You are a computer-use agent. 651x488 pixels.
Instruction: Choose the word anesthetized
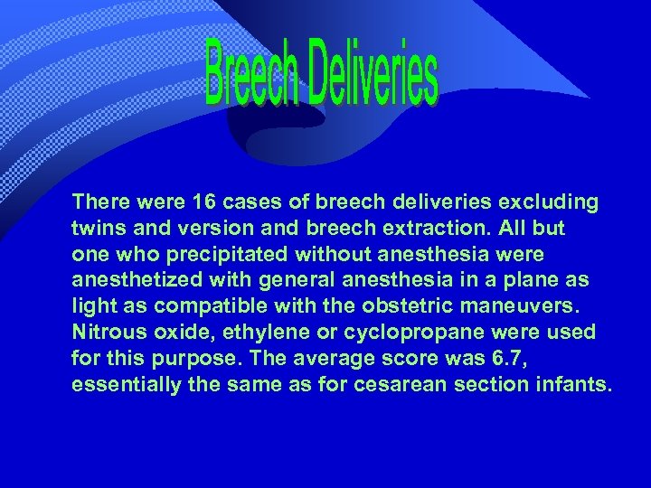coord(136,280)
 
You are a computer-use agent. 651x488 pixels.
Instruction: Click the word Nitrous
coord(107,333)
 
